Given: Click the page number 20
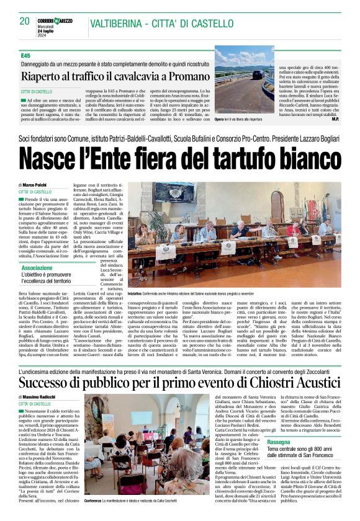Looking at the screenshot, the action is pos(25,21).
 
